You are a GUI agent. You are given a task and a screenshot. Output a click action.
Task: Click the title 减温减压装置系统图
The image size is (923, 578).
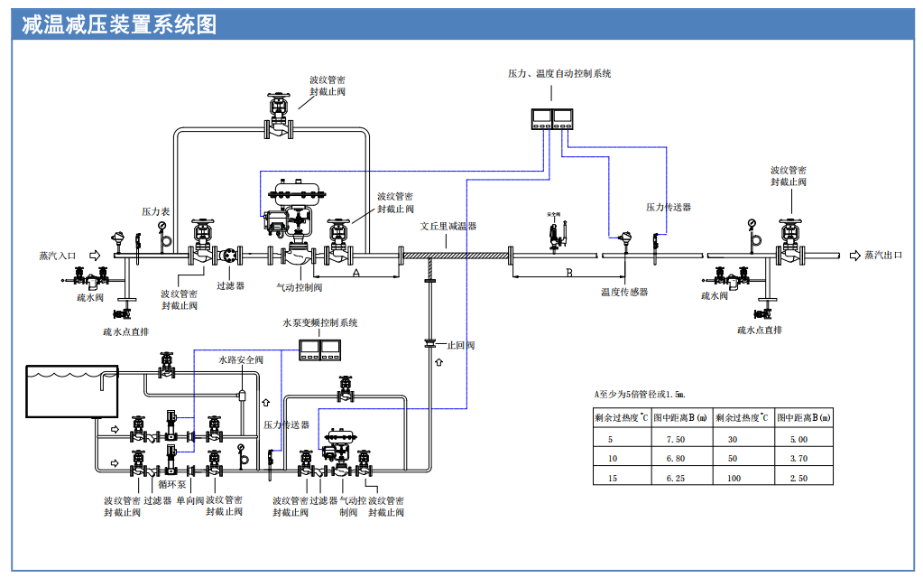click(119, 24)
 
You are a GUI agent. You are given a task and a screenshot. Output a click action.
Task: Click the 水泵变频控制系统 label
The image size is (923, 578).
click(319, 322)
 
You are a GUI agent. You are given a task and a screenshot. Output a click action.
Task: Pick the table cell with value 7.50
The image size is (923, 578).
click(675, 439)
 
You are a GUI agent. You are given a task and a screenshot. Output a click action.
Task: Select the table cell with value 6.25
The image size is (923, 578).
click(675, 477)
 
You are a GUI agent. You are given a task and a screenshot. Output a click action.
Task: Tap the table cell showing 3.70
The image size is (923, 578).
click(798, 458)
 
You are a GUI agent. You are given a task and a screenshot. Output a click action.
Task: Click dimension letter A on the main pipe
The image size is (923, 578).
click(355, 271)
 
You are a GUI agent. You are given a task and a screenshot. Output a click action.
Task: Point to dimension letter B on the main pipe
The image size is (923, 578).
click(568, 272)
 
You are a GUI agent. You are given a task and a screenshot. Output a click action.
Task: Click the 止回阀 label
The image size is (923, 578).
click(461, 345)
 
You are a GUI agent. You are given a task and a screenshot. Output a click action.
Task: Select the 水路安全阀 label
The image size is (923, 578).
click(241, 359)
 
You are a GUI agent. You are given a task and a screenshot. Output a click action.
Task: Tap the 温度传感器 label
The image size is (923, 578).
click(624, 293)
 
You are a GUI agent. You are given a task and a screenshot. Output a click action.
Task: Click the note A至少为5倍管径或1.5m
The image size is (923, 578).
click(640, 394)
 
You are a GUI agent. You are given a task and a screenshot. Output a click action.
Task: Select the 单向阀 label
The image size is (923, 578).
click(189, 499)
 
